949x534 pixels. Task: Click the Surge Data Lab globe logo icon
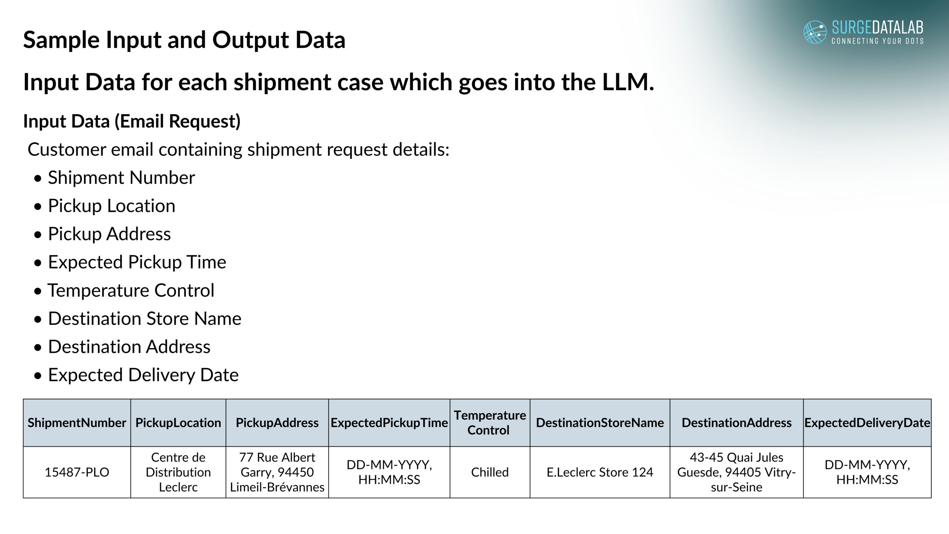(815, 32)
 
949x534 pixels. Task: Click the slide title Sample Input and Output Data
(184, 40)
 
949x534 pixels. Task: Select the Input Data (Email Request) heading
(132, 121)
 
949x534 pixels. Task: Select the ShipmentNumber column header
(77, 423)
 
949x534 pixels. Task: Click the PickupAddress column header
(277, 423)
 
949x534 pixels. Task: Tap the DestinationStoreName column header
(600, 423)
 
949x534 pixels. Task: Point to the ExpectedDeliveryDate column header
(867, 423)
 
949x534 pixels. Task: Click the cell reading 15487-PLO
(77, 472)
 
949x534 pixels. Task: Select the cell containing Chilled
(490, 472)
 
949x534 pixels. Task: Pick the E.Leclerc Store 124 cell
(600, 472)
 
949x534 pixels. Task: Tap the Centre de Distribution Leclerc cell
(178, 472)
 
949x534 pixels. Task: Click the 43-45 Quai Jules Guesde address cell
(737, 472)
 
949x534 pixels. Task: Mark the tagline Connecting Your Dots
(877, 41)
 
